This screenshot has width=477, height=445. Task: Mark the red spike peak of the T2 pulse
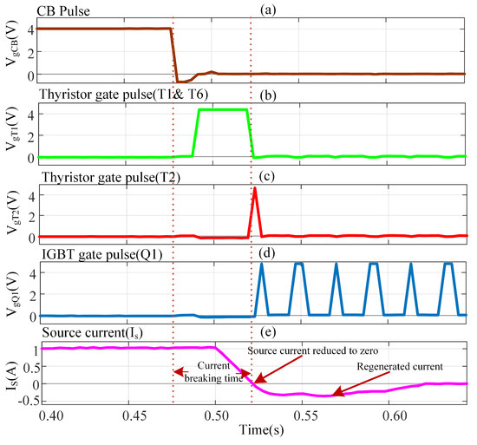(x=254, y=188)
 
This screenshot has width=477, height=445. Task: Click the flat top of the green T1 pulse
(x=223, y=109)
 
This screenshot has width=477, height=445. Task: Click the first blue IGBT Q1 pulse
(x=262, y=265)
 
